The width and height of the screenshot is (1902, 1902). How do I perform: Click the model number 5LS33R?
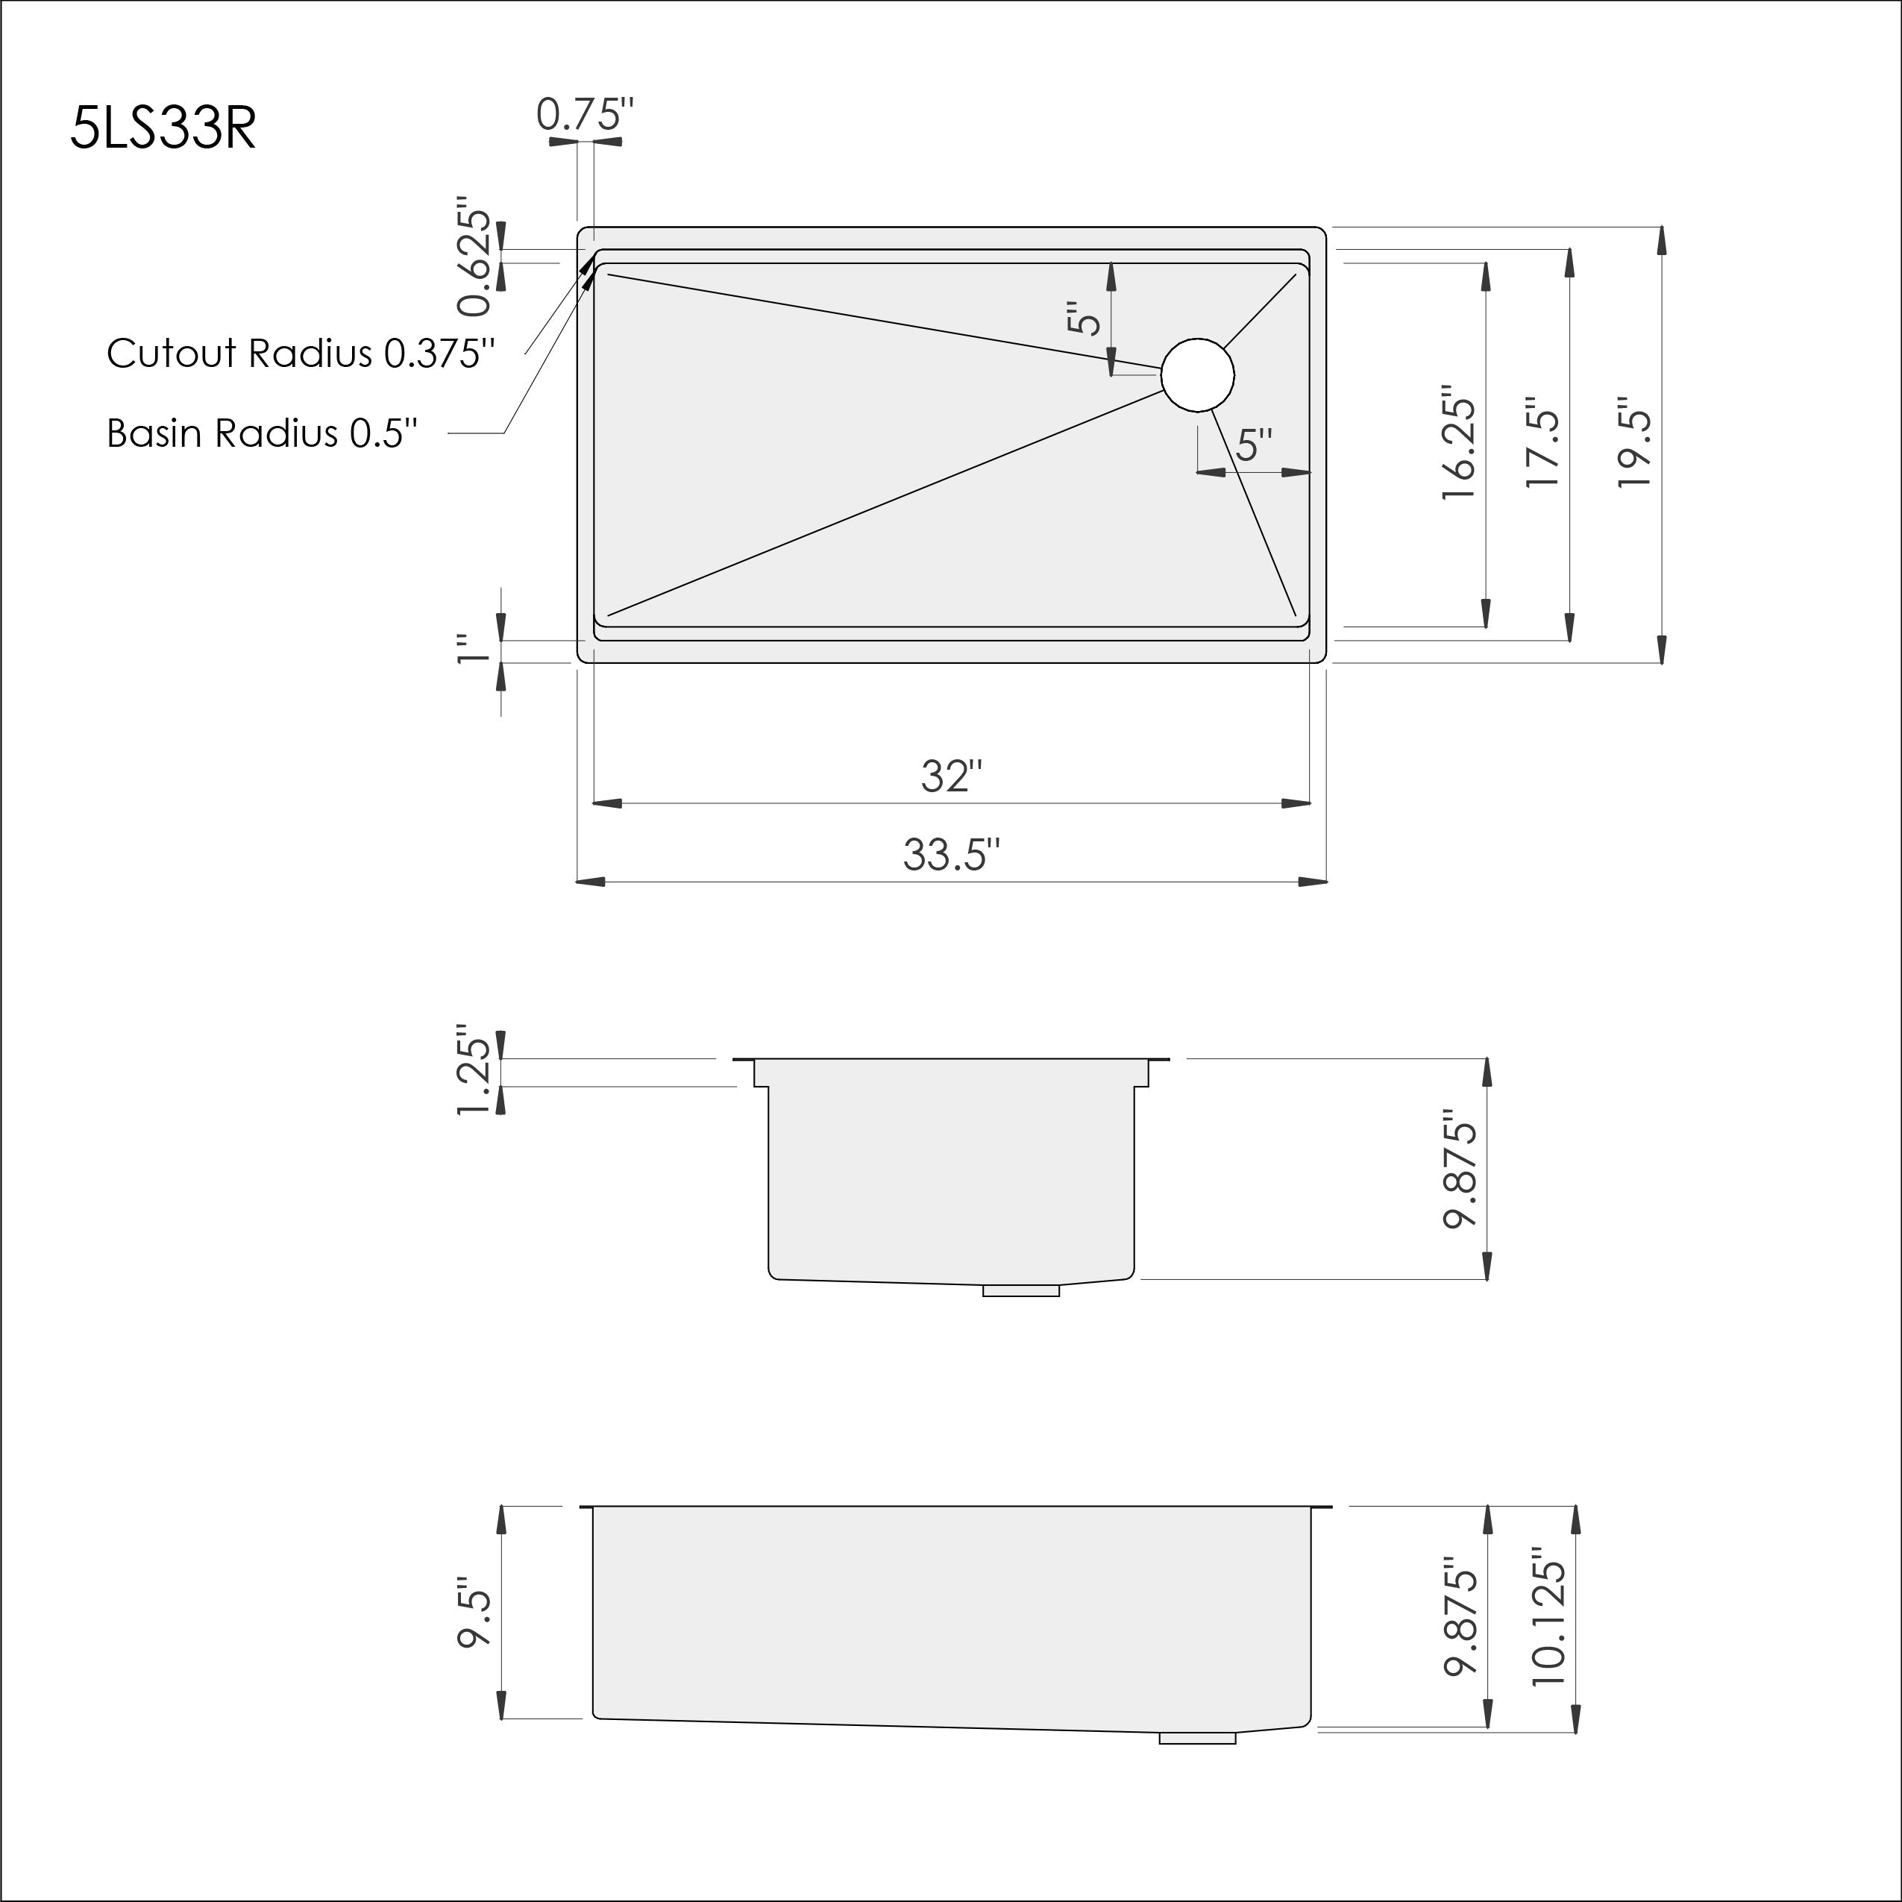tap(163, 128)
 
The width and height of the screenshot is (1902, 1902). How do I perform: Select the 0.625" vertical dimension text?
tap(474, 262)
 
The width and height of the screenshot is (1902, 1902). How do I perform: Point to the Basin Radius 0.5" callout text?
tap(262, 433)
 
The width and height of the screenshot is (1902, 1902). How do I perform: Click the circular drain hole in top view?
tap(1197, 374)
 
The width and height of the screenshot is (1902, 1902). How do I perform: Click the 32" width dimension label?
tap(952, 776)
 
